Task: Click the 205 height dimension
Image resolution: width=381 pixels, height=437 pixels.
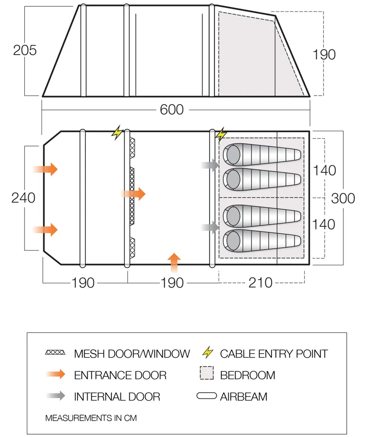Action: [x=25, y=49]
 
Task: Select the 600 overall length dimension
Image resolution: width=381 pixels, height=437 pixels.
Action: [x=171, y=110]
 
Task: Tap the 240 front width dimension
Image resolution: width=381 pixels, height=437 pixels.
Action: [x=23, y=197]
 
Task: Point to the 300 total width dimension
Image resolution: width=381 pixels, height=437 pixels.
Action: [x=343, y=198]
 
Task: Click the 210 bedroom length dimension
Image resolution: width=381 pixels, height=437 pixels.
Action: [x=261, y=282]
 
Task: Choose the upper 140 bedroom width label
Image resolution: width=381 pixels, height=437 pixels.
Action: [x=324, y=170]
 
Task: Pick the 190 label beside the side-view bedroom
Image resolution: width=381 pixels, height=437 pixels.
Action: [x=324, y=54]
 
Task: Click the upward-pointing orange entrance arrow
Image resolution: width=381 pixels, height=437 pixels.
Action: [x=175, y=262]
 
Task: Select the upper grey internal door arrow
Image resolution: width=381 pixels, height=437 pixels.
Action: [x=210, y=165]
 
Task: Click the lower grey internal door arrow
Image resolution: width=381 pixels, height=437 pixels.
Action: [x=210, y=227]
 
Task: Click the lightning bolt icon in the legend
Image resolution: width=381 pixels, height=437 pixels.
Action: [x=208, y=353]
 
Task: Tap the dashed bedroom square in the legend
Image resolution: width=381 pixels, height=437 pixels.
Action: [x=207, y=374]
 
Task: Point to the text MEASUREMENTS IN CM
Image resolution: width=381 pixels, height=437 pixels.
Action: [x=90, y=418]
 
